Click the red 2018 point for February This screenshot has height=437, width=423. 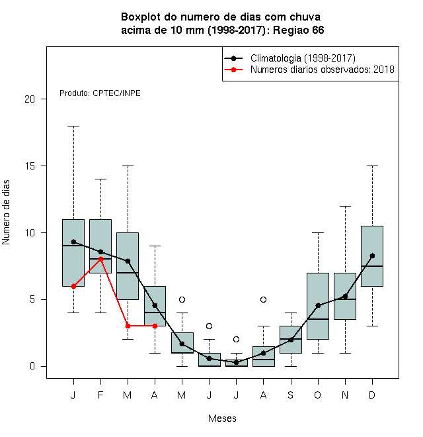(100, 259)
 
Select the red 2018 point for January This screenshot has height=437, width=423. (74, 286)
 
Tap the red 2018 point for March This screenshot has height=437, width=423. (128, 326)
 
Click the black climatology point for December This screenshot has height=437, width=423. (372, 256)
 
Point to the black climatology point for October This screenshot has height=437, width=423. (318, 305)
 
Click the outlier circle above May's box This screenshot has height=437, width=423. (182, 299)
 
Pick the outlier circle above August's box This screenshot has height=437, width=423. (263, 299)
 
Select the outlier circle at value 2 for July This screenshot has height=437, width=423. (236, 339)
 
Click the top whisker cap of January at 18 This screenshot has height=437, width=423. (74, 126)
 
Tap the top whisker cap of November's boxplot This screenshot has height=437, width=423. (346, 206)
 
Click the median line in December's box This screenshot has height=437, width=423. (372, 266)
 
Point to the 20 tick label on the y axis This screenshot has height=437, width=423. (30, 99)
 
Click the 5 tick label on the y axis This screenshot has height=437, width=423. (32, 299)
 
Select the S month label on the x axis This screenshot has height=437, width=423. (291, 395)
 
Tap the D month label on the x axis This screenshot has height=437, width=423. (372, 395)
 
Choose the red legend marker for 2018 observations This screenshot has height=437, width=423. (233, 70)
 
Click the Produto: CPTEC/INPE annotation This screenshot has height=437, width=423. (100, 93)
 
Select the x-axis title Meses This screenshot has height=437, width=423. (222, 418)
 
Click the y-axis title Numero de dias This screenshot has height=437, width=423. (6, 213)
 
